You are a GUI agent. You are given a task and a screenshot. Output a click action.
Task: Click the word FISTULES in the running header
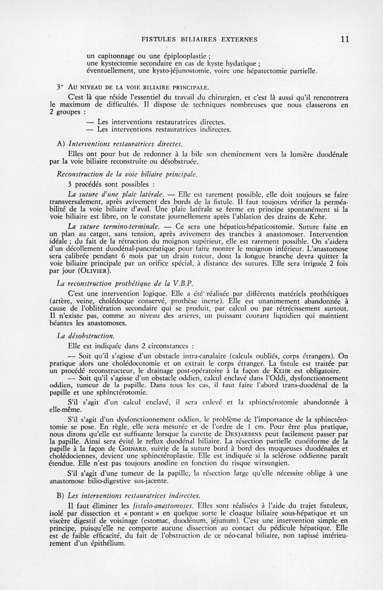tap(154, 40)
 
